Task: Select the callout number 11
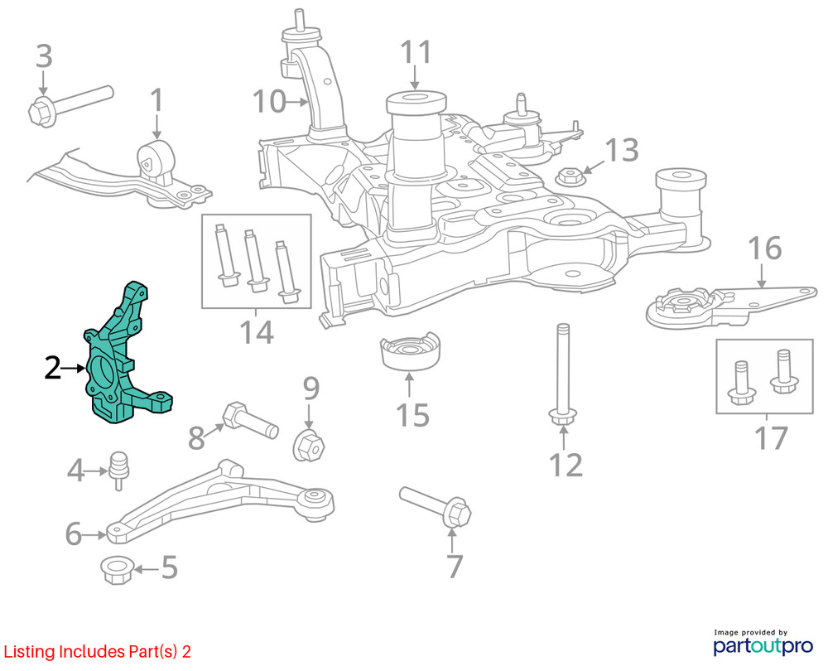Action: [x=416, y=52]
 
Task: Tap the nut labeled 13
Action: [x=570, y=176]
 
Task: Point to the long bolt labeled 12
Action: [x=563, y=374]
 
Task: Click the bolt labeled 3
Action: [x=70, y=106]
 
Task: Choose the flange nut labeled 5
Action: [x=116, y=570]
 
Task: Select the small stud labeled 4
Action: [x=118, y=470]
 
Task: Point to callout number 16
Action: [x=765, y=249]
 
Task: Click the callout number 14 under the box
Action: [x=257, y=333]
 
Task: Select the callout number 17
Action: [x=772, y=438]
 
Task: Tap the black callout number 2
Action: [x=52, y=369]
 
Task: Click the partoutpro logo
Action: [x=763, y=642]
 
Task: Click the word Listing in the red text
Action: [x=30, y=652]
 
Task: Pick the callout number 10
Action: [x=269, y=101]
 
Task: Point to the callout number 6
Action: [x=74, y=533]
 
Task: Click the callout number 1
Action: [x=156, y=100]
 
